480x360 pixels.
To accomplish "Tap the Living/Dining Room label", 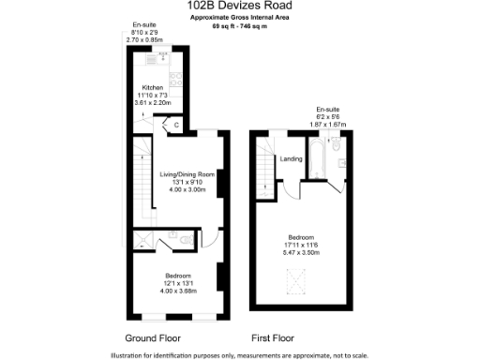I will tap(187, 174).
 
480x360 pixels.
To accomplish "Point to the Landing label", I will tap(291, 158).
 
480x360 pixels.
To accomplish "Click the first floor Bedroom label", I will tap(301, 236).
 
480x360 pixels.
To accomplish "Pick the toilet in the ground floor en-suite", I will tap(173, 235).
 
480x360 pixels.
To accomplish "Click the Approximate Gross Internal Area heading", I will tap(240, 19).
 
